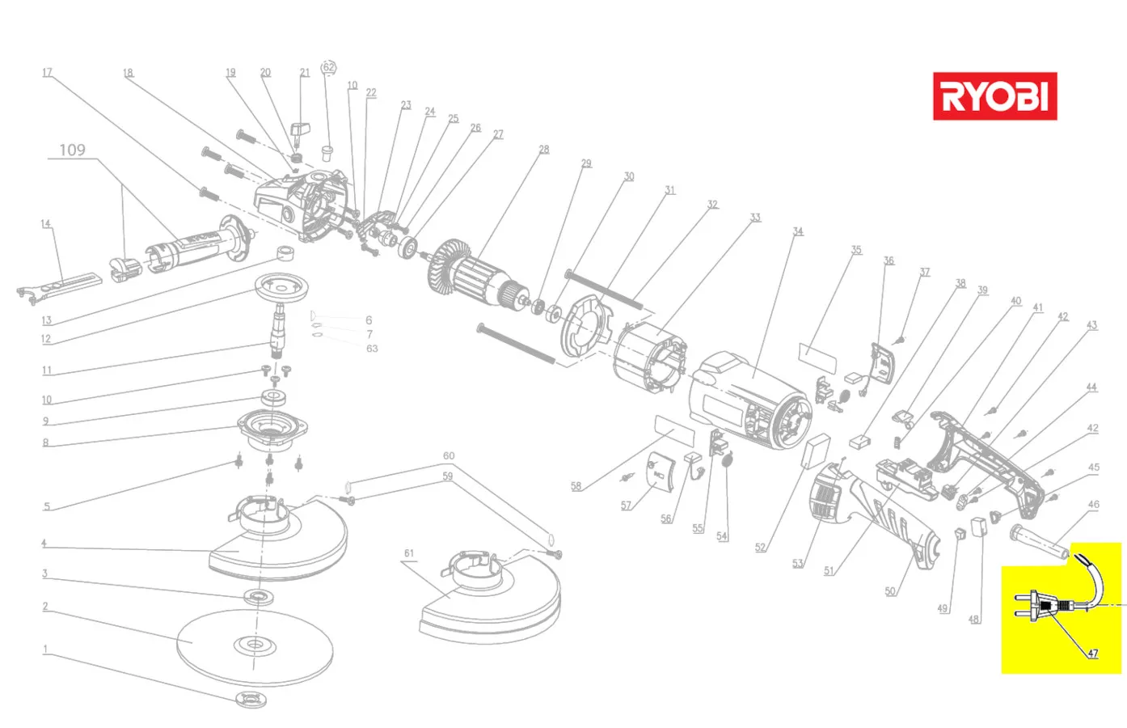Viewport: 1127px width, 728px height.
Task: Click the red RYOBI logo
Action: [994, 96]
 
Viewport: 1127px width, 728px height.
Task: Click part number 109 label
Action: [72, 150]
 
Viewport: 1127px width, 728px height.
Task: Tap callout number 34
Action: [798, 231]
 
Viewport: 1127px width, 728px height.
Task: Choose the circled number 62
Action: [328, 67]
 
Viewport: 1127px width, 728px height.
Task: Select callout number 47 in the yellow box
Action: [1092, 653]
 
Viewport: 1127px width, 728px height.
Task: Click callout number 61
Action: [409, 553]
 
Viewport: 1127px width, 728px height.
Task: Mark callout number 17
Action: [47, 73]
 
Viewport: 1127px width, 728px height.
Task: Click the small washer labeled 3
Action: [258, 597]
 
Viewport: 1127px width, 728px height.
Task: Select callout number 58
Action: [576, 486]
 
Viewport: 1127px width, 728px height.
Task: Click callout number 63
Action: [372, 349]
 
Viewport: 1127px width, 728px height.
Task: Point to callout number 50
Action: [889, 591]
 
